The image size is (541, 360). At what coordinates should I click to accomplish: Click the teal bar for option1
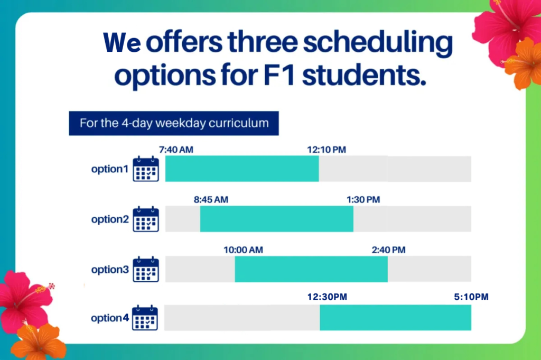[242, 169]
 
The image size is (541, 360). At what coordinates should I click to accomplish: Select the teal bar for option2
[277, 219]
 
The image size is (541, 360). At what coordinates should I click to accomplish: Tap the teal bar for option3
[311, 269]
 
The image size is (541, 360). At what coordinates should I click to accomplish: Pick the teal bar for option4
[395, 318]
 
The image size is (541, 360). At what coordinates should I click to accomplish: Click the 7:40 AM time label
[176, 150]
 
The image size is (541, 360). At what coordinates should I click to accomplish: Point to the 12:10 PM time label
[327, 150]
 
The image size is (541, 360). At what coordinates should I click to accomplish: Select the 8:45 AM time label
[211, 200]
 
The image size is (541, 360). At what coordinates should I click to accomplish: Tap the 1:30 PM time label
[363, 200]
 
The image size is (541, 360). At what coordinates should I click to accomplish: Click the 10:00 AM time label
[243, 250]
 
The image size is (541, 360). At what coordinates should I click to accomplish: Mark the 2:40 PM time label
[388, 250]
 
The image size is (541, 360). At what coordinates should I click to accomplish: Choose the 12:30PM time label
[327, 297]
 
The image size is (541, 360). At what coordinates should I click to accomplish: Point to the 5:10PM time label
[471, 297]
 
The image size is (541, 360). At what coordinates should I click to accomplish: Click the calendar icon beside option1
[146, 169]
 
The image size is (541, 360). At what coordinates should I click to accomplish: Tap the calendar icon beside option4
[145, 318]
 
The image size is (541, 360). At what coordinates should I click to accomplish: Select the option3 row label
[110, 270]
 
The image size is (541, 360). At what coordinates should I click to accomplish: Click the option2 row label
[110, 219]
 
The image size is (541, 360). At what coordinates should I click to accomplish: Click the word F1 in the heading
[279, 75]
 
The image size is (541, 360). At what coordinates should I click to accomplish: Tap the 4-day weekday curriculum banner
[174, 123]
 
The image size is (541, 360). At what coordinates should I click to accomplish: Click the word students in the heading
[365, 75]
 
